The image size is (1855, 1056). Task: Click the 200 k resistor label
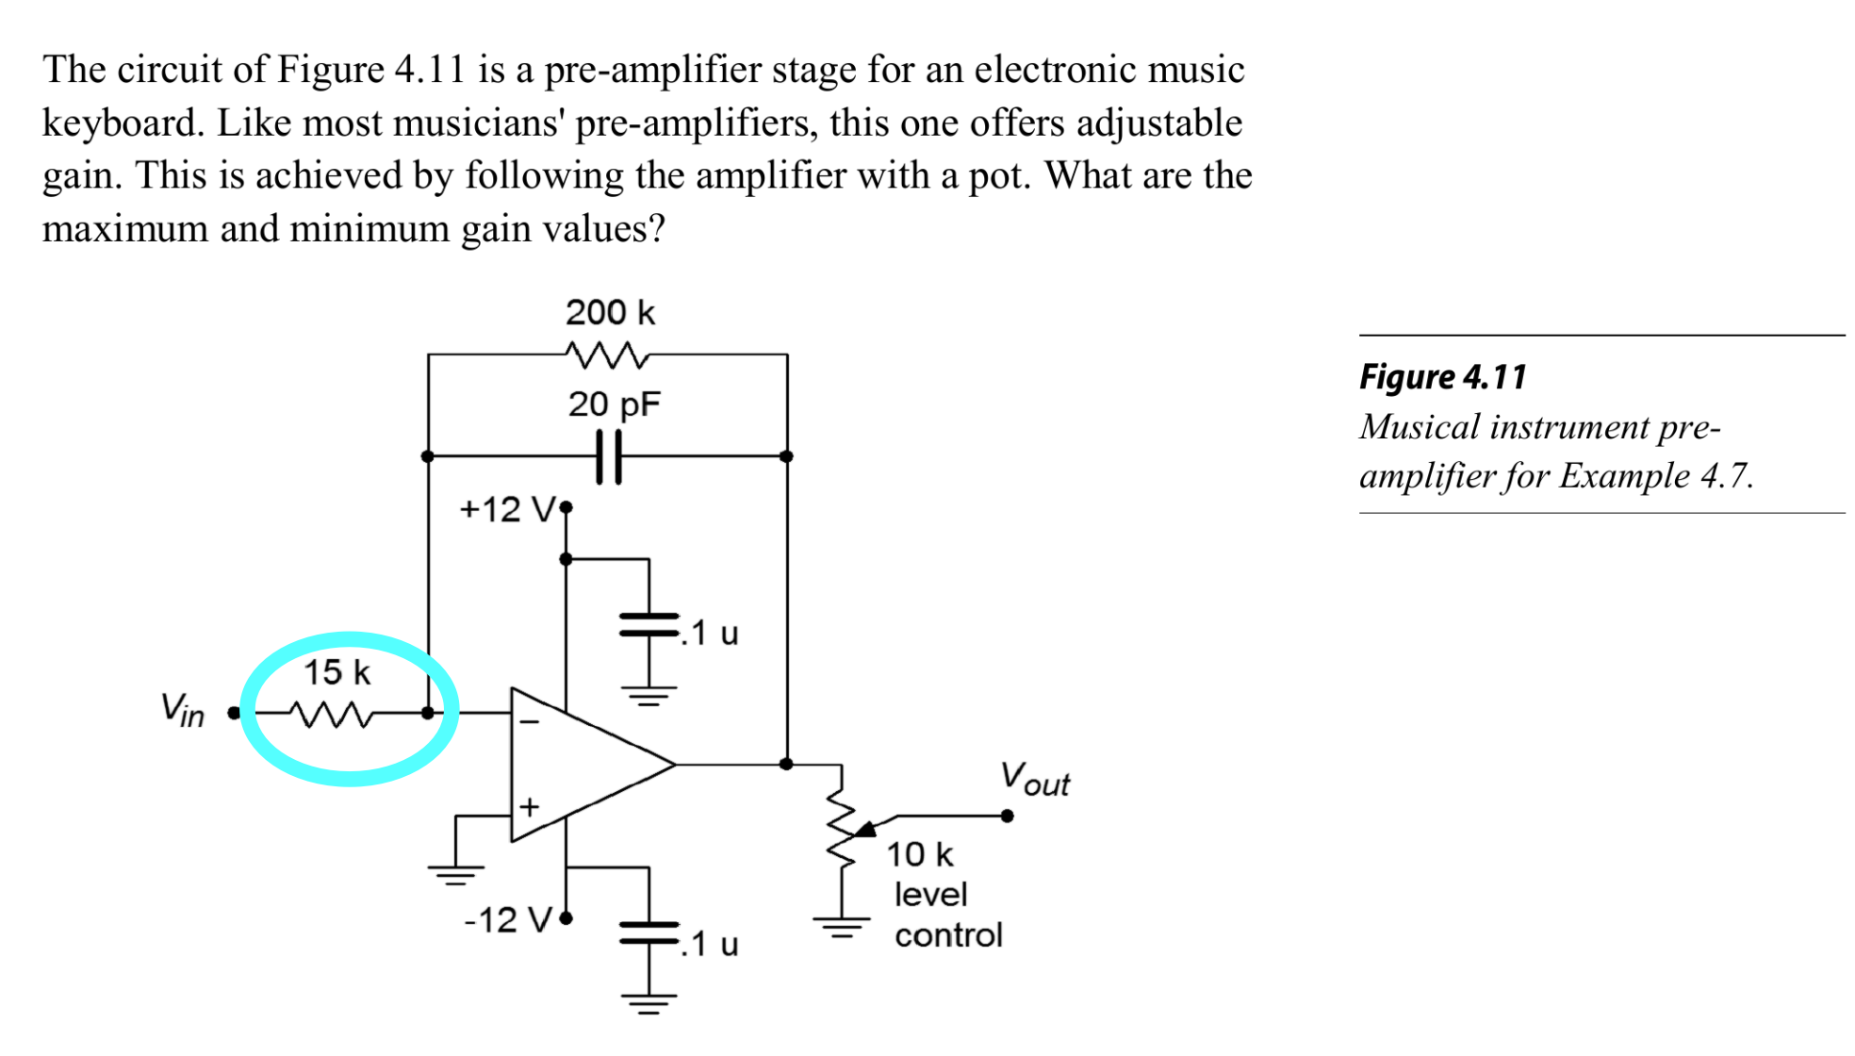point(610,312)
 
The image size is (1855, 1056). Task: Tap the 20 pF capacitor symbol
point(609,456)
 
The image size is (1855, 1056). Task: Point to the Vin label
point(182,709)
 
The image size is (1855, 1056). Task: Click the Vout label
point(1034,780)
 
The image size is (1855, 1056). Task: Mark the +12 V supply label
point(507,510)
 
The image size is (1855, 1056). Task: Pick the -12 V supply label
point(507,919)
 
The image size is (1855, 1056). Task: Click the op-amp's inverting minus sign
point(530,722)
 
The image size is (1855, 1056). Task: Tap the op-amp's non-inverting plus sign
point(530,806)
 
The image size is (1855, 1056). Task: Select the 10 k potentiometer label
point(919,854)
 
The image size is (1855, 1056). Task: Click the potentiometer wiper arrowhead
point(865,829)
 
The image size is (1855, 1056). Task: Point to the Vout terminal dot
point(1008,816)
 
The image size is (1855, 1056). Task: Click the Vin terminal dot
point(234,714)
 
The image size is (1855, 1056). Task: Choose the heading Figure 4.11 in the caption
point(1442,377)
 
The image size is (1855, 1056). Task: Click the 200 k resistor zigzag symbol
point(608,355)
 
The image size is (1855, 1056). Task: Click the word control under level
point(948,935)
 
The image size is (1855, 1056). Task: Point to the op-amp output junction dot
point(787,764)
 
